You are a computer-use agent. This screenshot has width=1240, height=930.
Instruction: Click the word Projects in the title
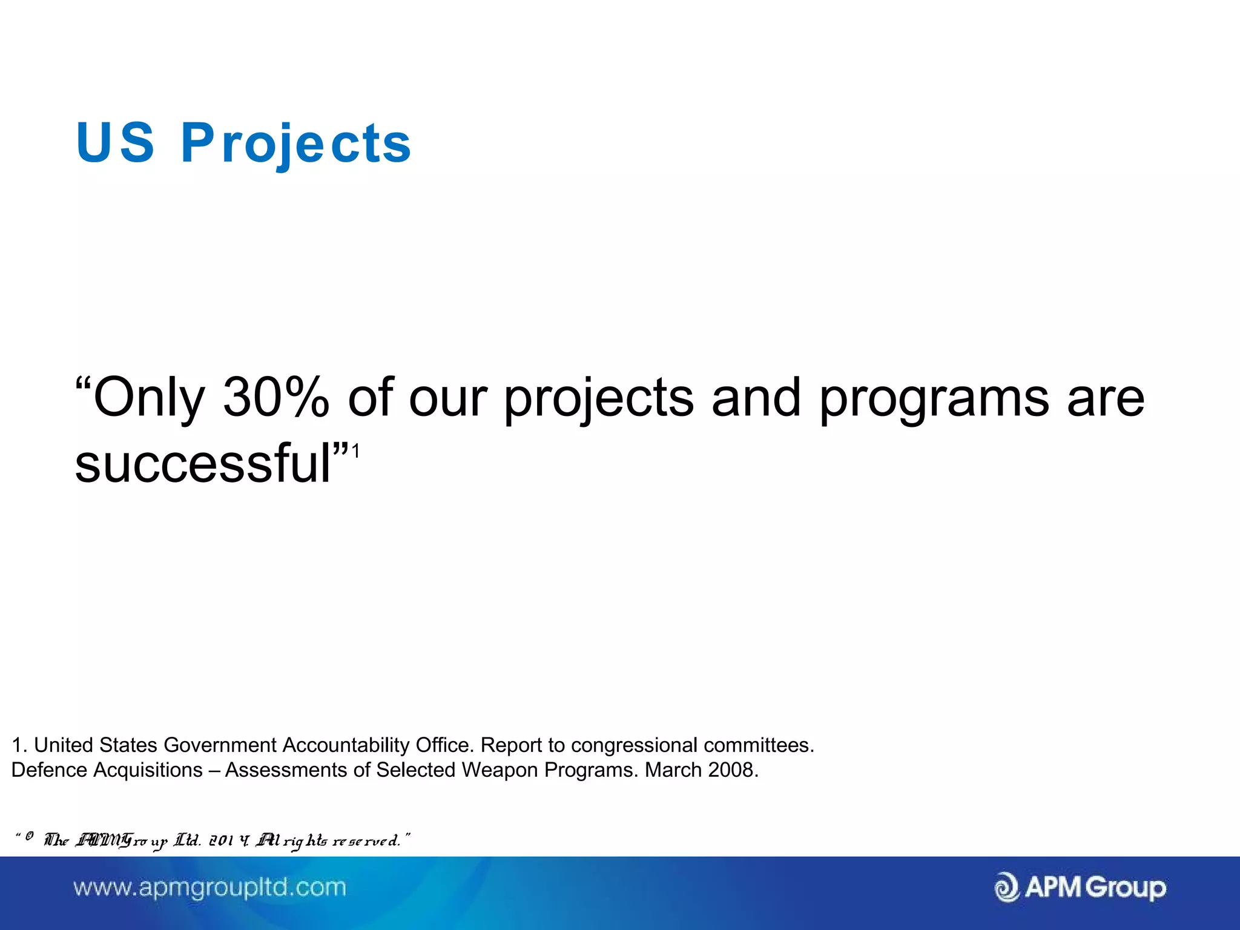(295, 143)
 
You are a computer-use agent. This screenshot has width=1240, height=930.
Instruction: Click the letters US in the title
(115, 143)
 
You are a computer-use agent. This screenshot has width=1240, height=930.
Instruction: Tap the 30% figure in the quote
(275, 398)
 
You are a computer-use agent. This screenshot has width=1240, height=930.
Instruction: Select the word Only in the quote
(148, 398)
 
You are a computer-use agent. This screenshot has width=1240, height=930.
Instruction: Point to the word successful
(203, 464)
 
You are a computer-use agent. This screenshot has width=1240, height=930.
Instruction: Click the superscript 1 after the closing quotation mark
(356, 451)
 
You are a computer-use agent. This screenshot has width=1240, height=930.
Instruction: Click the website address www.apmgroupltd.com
(209, 888)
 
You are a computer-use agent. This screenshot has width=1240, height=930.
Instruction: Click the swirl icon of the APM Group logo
(1007, 888)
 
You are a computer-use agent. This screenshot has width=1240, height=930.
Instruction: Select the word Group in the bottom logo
(1125, 888)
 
